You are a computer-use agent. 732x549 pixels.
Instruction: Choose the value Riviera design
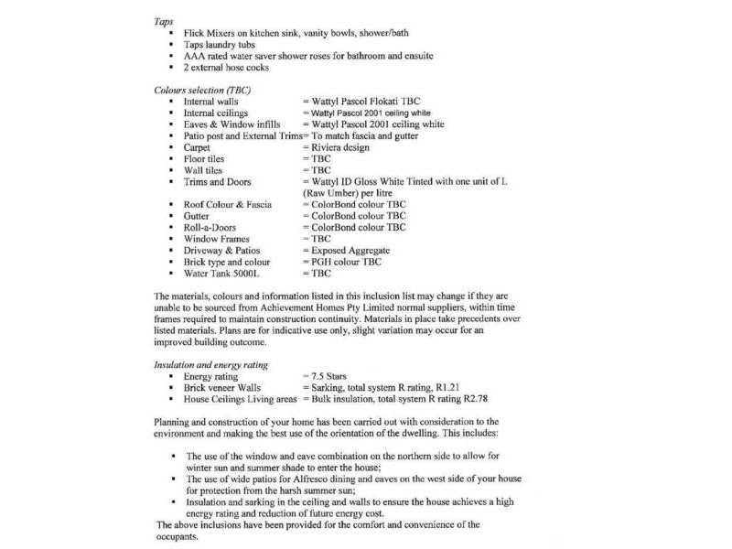click(339, 146)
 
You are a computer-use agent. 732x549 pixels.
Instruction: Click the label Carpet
click(198, 146)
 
